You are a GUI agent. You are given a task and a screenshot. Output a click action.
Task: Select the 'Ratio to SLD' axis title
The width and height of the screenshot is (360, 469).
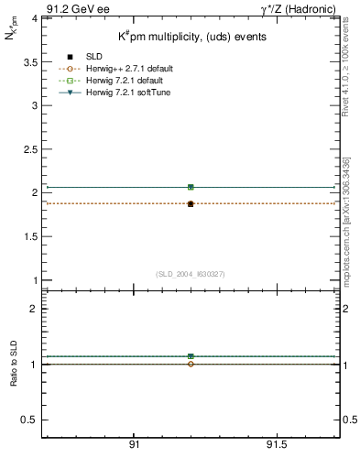pyautogui.click(x=14, y=377)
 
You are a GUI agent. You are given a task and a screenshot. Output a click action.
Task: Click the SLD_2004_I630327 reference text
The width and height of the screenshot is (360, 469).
pyautogui.click(x=190, y=274)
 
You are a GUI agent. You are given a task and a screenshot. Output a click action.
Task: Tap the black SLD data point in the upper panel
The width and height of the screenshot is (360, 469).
pyautogui.click(x=191, y=204)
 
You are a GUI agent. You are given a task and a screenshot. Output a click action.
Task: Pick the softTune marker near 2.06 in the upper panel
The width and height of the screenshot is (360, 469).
pyautogui.click(x=191, y=187)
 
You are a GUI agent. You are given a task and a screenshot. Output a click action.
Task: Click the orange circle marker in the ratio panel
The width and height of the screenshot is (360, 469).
pyautogui.click(x=191, y=365)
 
